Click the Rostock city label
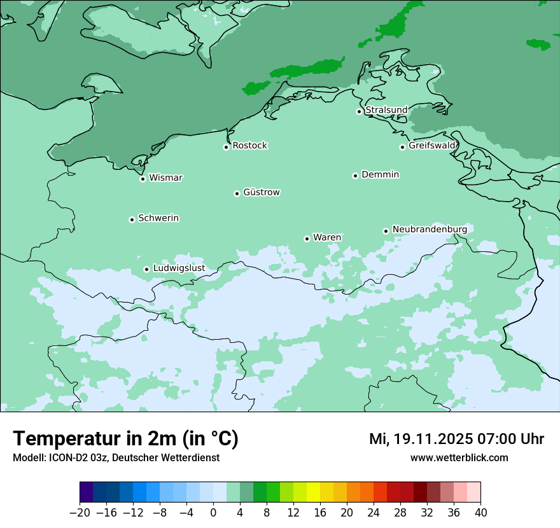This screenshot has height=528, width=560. click(x=249, y=146)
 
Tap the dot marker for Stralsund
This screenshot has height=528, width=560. click(x=359, y=111)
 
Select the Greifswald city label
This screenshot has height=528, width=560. click(x=432, y=146)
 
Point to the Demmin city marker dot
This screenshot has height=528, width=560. click(x=355, y=176)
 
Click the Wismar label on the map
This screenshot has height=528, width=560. click(x=165, y=177)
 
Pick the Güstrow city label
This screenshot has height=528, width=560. click(x=261, y=192)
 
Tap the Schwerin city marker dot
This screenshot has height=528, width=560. click(x=132, y=219)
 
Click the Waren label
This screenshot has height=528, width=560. click(x=327, y=237)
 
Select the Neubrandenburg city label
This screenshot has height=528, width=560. click(x=430, y=229)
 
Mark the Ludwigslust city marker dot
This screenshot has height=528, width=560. click(x=146, y=269)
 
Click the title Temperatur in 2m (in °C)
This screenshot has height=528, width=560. click(x=125, y=439)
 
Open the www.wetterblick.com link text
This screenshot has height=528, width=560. click(x=459, y=458)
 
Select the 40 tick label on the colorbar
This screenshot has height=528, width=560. click(x=480, y=513)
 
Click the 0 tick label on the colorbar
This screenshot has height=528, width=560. click(x=213, y=513)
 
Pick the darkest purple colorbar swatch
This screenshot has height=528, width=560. click(x=87, y=492)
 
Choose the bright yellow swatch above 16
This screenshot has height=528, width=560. click(x=313, y=492)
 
